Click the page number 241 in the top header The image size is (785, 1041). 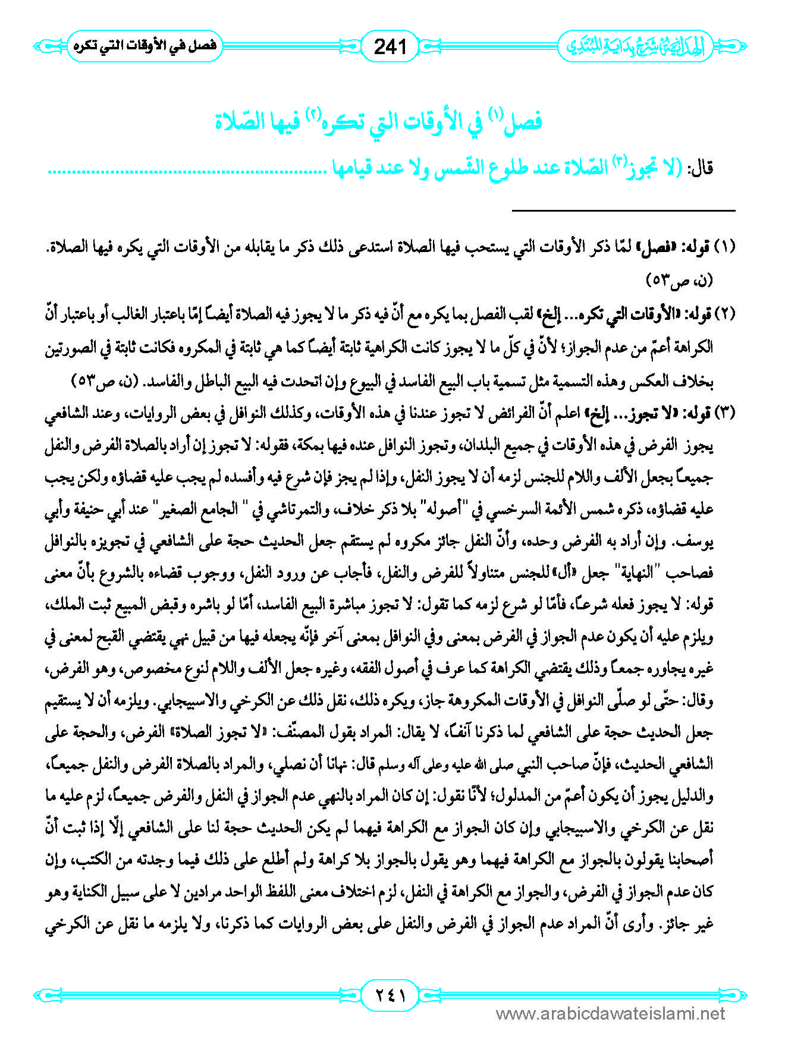click(x=390, y=46)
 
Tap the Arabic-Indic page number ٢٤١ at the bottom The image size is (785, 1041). click(x=391, y=994)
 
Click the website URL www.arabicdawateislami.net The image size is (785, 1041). click(x=610, y=1014)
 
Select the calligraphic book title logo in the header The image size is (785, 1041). click(x=633, y=46)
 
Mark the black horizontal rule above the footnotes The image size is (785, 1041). click(x=623, y=210)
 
